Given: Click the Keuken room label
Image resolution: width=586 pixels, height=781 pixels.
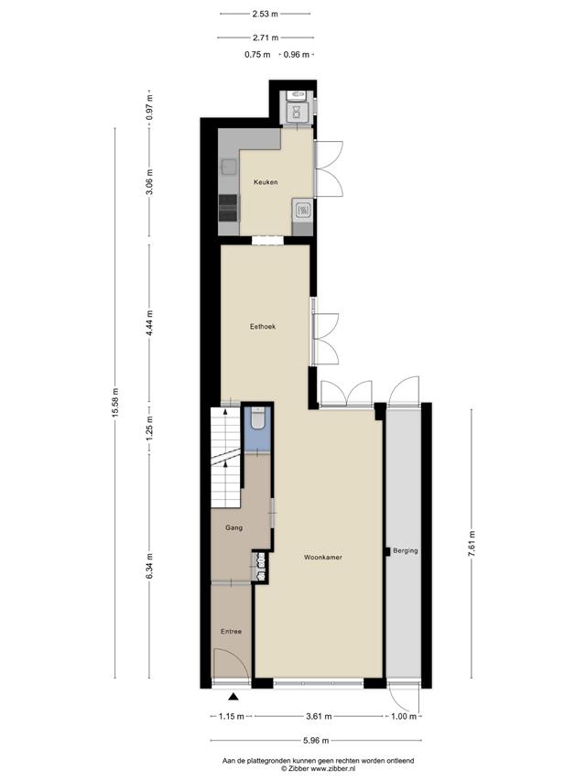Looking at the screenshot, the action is point(266,182).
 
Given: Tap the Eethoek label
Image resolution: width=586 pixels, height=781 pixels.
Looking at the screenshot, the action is point(263,327).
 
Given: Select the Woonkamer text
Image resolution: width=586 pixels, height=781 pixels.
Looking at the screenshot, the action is point(323,558).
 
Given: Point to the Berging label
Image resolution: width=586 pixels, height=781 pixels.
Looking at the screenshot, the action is point(405,551).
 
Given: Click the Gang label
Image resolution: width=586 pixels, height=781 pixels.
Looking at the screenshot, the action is point(233,527).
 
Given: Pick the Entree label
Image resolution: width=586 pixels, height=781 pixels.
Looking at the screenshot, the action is point(232,632).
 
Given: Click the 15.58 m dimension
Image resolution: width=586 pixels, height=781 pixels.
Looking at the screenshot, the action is point(115,403).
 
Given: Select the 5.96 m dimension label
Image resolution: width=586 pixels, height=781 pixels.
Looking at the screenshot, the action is point(316,741).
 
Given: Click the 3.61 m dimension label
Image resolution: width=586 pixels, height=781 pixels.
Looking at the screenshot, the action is point(319,717).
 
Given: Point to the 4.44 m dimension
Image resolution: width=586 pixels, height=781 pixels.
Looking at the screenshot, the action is point(149,323).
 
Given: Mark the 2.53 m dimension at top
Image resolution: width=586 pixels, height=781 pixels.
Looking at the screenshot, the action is point(266,14).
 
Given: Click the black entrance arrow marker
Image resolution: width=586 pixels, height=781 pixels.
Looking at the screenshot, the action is point(233,698).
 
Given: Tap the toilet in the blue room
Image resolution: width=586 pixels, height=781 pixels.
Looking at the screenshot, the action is point(257,418).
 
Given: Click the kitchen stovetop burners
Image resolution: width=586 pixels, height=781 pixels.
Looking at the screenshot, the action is point(228,208).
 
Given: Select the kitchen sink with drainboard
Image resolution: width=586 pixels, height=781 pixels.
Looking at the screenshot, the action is point(302,210).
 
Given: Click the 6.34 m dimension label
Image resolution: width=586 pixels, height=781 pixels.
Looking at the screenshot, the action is point(149,567).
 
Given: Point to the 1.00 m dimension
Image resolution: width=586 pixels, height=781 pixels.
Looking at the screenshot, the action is point(404,717).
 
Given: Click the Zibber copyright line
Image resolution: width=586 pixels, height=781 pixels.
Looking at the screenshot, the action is point(318,768).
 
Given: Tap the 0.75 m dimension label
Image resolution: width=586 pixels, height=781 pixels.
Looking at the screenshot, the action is point(257,55).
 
